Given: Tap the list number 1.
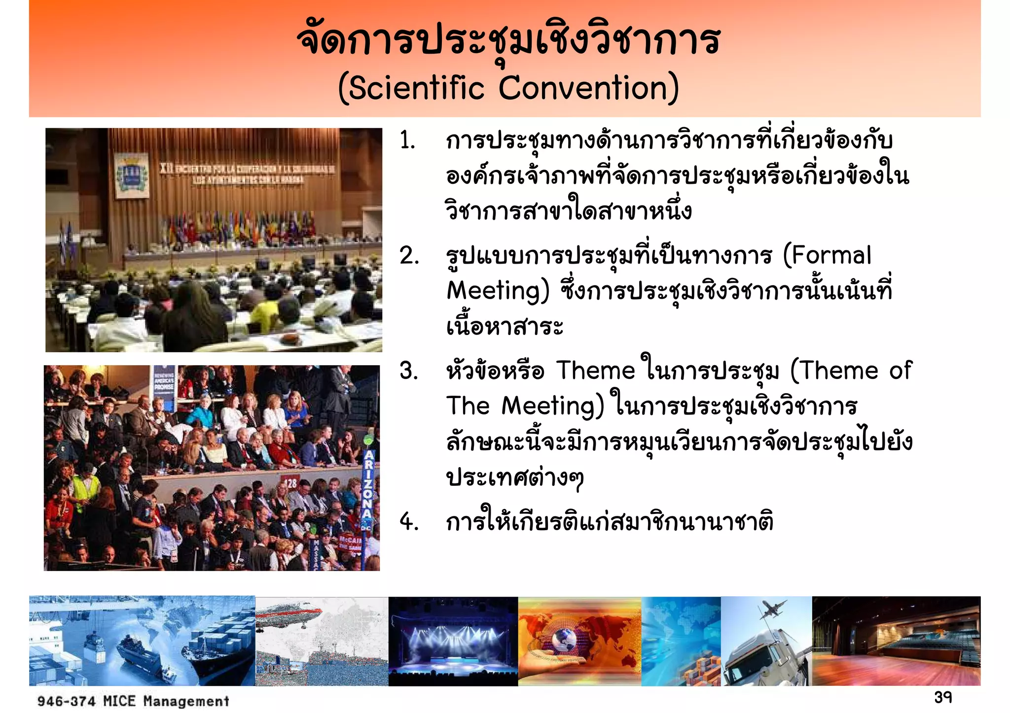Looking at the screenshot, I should point(407,141).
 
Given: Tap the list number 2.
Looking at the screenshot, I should point(409,256).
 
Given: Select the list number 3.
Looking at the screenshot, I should point(409,371).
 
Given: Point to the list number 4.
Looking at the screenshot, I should point(409,522).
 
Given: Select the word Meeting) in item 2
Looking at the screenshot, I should point(498,291).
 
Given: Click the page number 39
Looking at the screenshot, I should point(942,697).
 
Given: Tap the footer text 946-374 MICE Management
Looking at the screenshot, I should point(133,701).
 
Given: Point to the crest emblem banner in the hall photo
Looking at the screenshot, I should point(131,175).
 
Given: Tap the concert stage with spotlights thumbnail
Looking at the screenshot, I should point(453,641).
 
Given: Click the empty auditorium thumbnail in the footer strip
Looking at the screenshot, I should point(896,641).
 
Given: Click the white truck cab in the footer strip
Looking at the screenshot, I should point(752,658).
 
